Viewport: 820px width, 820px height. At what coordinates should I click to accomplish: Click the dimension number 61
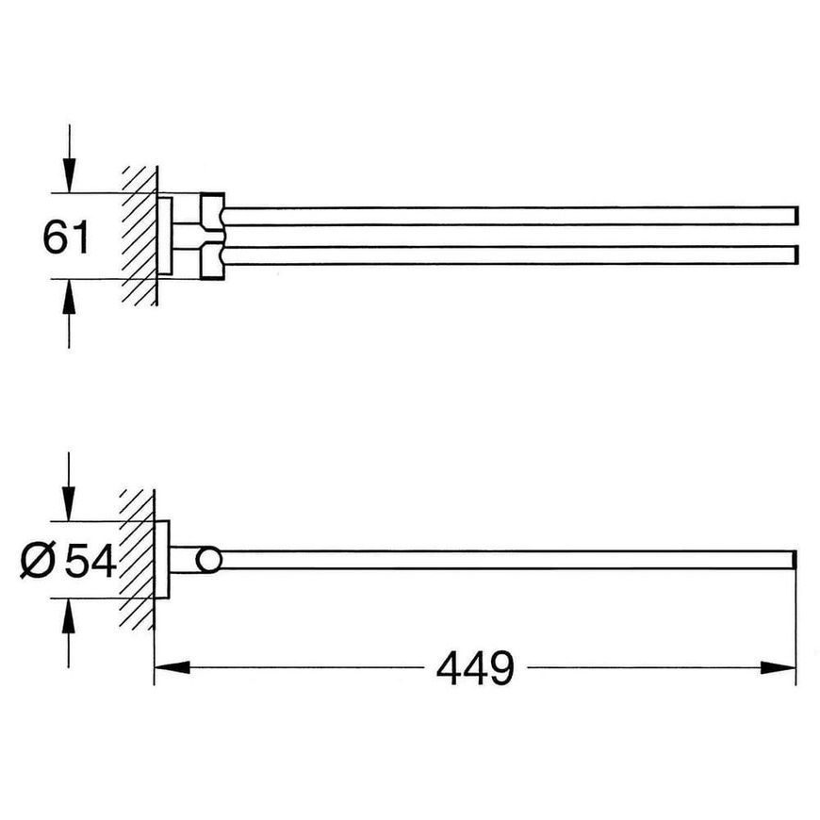coord(66,237)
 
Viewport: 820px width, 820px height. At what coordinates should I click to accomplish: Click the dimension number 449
coord(475,668)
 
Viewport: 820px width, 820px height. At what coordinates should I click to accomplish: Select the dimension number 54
coord(90,561)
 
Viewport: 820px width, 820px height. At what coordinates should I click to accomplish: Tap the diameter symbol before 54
coord(38,561)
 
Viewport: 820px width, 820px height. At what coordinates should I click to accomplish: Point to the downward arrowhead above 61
coord(69,175)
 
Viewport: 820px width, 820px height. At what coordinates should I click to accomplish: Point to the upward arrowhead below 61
coord(69,297)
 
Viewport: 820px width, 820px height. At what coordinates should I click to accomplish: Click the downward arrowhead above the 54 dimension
coord(69,503)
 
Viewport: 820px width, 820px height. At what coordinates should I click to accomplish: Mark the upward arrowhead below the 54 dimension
coord(69,616)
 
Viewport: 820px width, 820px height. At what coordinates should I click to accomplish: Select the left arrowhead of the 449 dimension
coord(172,667)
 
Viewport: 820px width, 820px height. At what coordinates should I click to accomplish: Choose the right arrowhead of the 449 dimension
coord(779,667)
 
